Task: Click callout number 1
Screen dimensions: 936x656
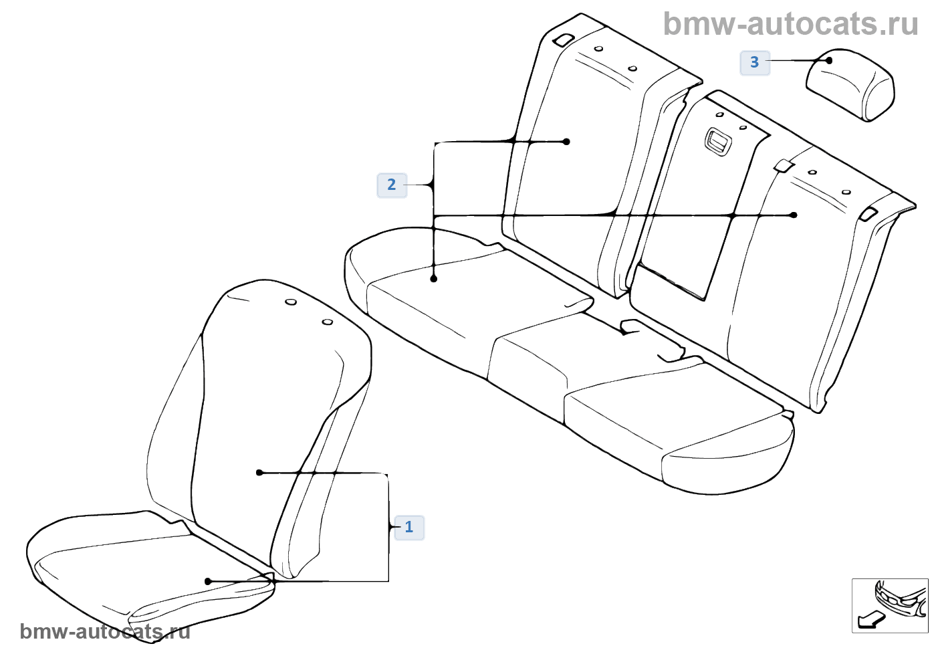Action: (409, 528)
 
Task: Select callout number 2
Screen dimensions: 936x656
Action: (392, 185)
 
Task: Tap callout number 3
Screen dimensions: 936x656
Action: (755, 63)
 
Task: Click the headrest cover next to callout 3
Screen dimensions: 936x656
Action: (850, 85)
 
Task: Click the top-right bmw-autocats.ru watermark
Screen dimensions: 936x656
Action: (790, 24)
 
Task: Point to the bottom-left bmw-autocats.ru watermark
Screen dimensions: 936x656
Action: (106, 632)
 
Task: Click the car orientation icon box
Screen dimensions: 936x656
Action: (890, 605)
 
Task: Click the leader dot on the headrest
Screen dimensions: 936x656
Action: (829, 61)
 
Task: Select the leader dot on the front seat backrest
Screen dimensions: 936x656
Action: (259, 473)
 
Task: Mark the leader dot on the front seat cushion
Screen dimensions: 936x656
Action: (208, 581)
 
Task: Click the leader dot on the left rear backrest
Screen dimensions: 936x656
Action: (566, 142)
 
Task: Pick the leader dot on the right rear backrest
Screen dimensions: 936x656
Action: (794, 215)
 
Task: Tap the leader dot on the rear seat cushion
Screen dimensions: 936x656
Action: (434, 279)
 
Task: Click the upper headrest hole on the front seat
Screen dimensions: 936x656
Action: (291, 302)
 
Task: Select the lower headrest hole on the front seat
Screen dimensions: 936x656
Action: (328, 322)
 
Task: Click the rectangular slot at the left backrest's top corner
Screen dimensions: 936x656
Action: (564, 39)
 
